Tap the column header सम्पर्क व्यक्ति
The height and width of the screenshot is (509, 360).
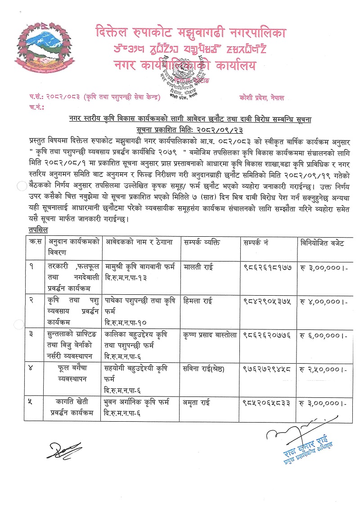pos(202,243)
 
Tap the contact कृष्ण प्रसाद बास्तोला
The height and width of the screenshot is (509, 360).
pos(210,335)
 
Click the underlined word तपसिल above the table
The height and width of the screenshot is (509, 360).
pos(36,230)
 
